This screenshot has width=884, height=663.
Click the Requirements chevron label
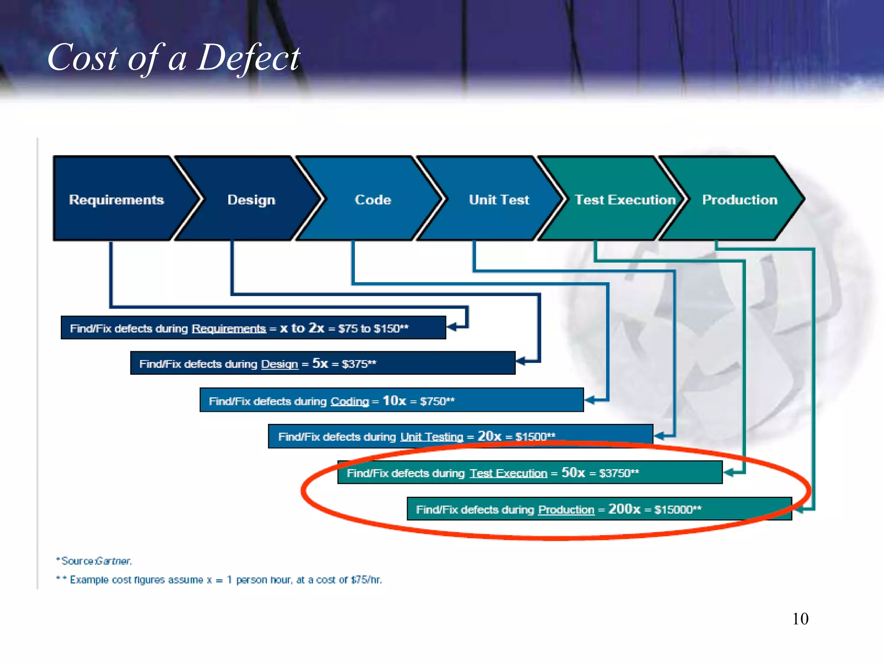[116, 199]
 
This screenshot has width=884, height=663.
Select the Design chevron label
[251, 199]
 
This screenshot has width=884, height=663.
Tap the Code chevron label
[373, 199]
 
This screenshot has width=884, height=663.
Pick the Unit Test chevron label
[499, 199]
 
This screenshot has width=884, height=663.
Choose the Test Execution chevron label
[625, 199]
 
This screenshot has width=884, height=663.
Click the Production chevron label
[740, 199]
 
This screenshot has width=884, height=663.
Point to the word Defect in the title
[248, 58]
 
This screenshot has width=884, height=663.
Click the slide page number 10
[800, 619]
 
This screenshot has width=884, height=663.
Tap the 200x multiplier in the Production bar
[624, 509]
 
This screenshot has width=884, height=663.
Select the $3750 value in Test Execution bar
[615, 473]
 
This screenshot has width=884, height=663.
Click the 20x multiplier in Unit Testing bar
[489, 436]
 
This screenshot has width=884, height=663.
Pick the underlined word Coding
[350, 401]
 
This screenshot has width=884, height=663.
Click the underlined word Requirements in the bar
[229, 328]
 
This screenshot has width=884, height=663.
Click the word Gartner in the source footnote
[113, 561]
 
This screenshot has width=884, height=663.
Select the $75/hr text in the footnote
[366, 580]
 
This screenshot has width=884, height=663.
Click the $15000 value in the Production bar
[674, 509]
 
